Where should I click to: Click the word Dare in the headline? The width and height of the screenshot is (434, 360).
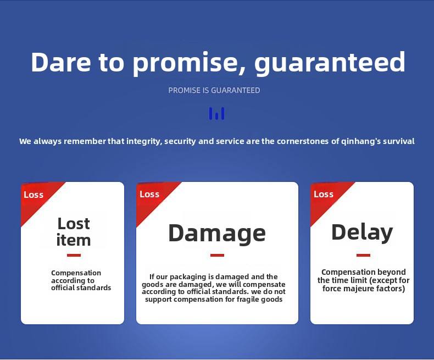click(x=61, y=62)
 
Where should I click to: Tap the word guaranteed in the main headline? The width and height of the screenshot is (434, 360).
click(x=330, y=63)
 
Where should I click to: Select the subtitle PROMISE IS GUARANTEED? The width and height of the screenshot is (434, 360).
click(x=214, y=90)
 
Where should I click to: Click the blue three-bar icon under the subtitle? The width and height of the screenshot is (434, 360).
click(x=216, y=114)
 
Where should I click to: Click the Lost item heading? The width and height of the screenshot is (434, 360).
click(x=74, y=232)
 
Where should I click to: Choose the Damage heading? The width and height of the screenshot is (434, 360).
click(x=217, y=234)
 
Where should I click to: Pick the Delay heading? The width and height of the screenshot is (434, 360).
click(x=362, y=232)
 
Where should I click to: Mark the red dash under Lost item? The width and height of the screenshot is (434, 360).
click(x=74, y=256)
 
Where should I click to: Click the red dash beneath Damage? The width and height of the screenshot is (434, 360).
click(x=218, y=256)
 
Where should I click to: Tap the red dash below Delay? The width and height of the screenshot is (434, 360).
click(x=363, y=256)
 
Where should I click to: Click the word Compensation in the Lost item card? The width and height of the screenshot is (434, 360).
click(x=76, y=273)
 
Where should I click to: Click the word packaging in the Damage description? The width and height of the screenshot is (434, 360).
click(x=188, y=277)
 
